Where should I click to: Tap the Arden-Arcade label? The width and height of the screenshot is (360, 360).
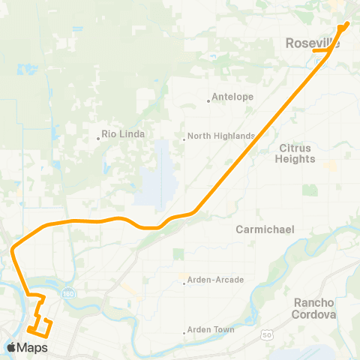(217, 280)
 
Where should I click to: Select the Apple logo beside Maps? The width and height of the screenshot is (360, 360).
(12, 347)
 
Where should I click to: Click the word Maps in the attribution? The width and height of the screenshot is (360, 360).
(34, 347)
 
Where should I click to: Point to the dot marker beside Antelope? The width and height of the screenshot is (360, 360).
(208, 100)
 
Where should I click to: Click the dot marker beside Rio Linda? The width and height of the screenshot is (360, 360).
(98, 137)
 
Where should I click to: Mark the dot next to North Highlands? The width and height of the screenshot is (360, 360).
(184, 137)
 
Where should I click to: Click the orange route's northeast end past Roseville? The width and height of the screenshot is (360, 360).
(347, 22)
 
